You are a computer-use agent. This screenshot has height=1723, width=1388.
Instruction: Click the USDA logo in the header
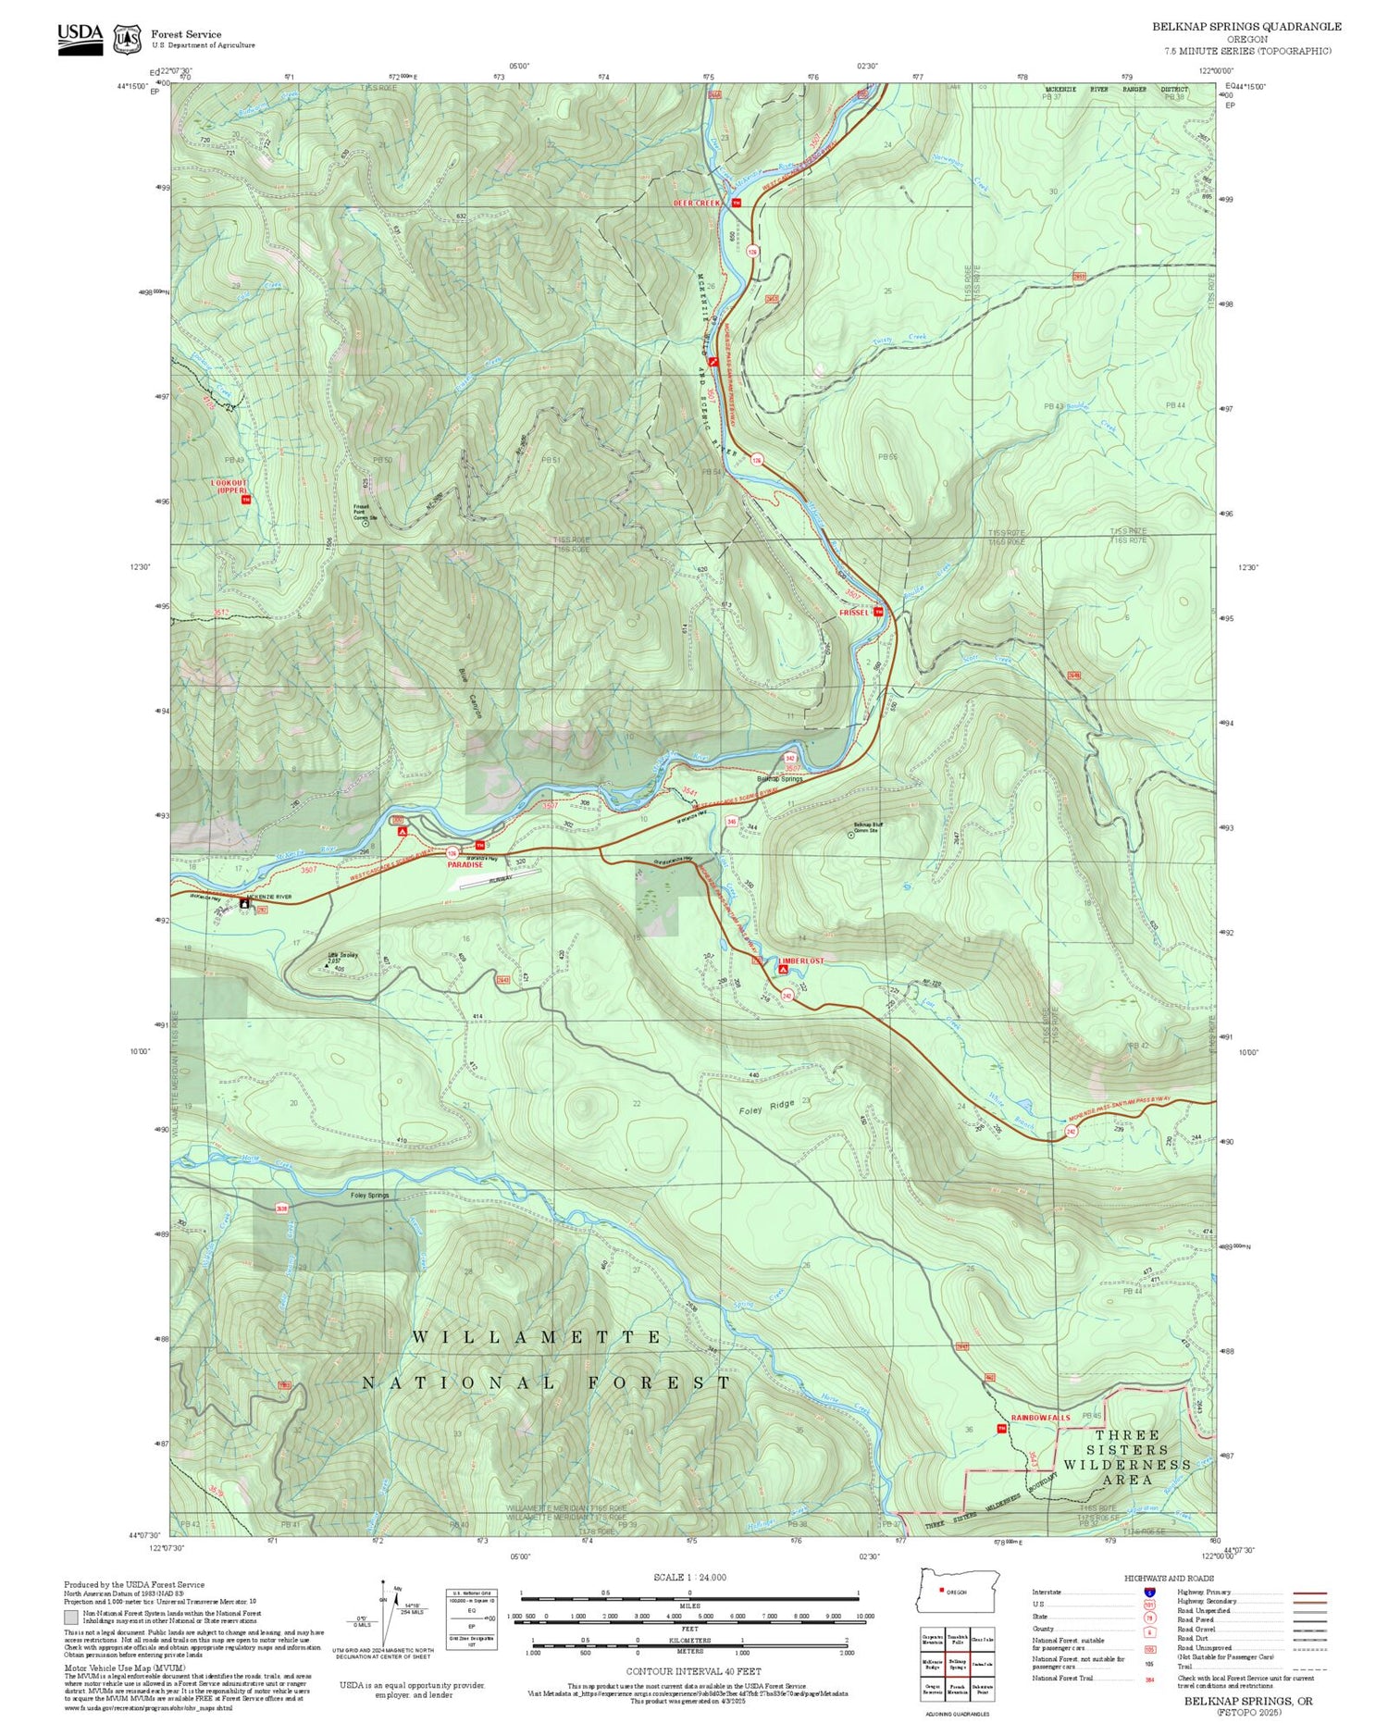[x=81, y=39]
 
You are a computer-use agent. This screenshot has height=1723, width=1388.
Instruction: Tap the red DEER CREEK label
[x=696, y=203]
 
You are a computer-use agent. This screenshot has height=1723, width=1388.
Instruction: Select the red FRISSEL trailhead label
[x=854, y=613]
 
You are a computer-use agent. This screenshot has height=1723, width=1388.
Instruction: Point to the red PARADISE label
[x=465, y=864]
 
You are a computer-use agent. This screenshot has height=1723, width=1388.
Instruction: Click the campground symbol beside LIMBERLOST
[x=784, y=971]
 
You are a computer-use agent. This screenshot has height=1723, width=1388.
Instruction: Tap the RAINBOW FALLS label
[x=1040, y=1417]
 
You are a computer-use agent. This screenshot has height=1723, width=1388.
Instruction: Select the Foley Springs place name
[x=369, y=1196]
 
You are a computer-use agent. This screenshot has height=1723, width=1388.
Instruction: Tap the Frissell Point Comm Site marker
[x=365, y=523]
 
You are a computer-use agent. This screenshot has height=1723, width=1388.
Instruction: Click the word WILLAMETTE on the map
[x=536, y=1337]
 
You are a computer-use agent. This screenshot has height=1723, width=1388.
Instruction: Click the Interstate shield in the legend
[x=1149, y=1592]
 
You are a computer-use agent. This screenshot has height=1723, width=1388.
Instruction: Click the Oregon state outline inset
[x=959, y=1590]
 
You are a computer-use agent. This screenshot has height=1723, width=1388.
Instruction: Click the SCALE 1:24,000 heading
[x=689, y=1577]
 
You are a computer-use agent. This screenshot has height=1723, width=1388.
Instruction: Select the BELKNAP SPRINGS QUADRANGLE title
[x=1246, y=27]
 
